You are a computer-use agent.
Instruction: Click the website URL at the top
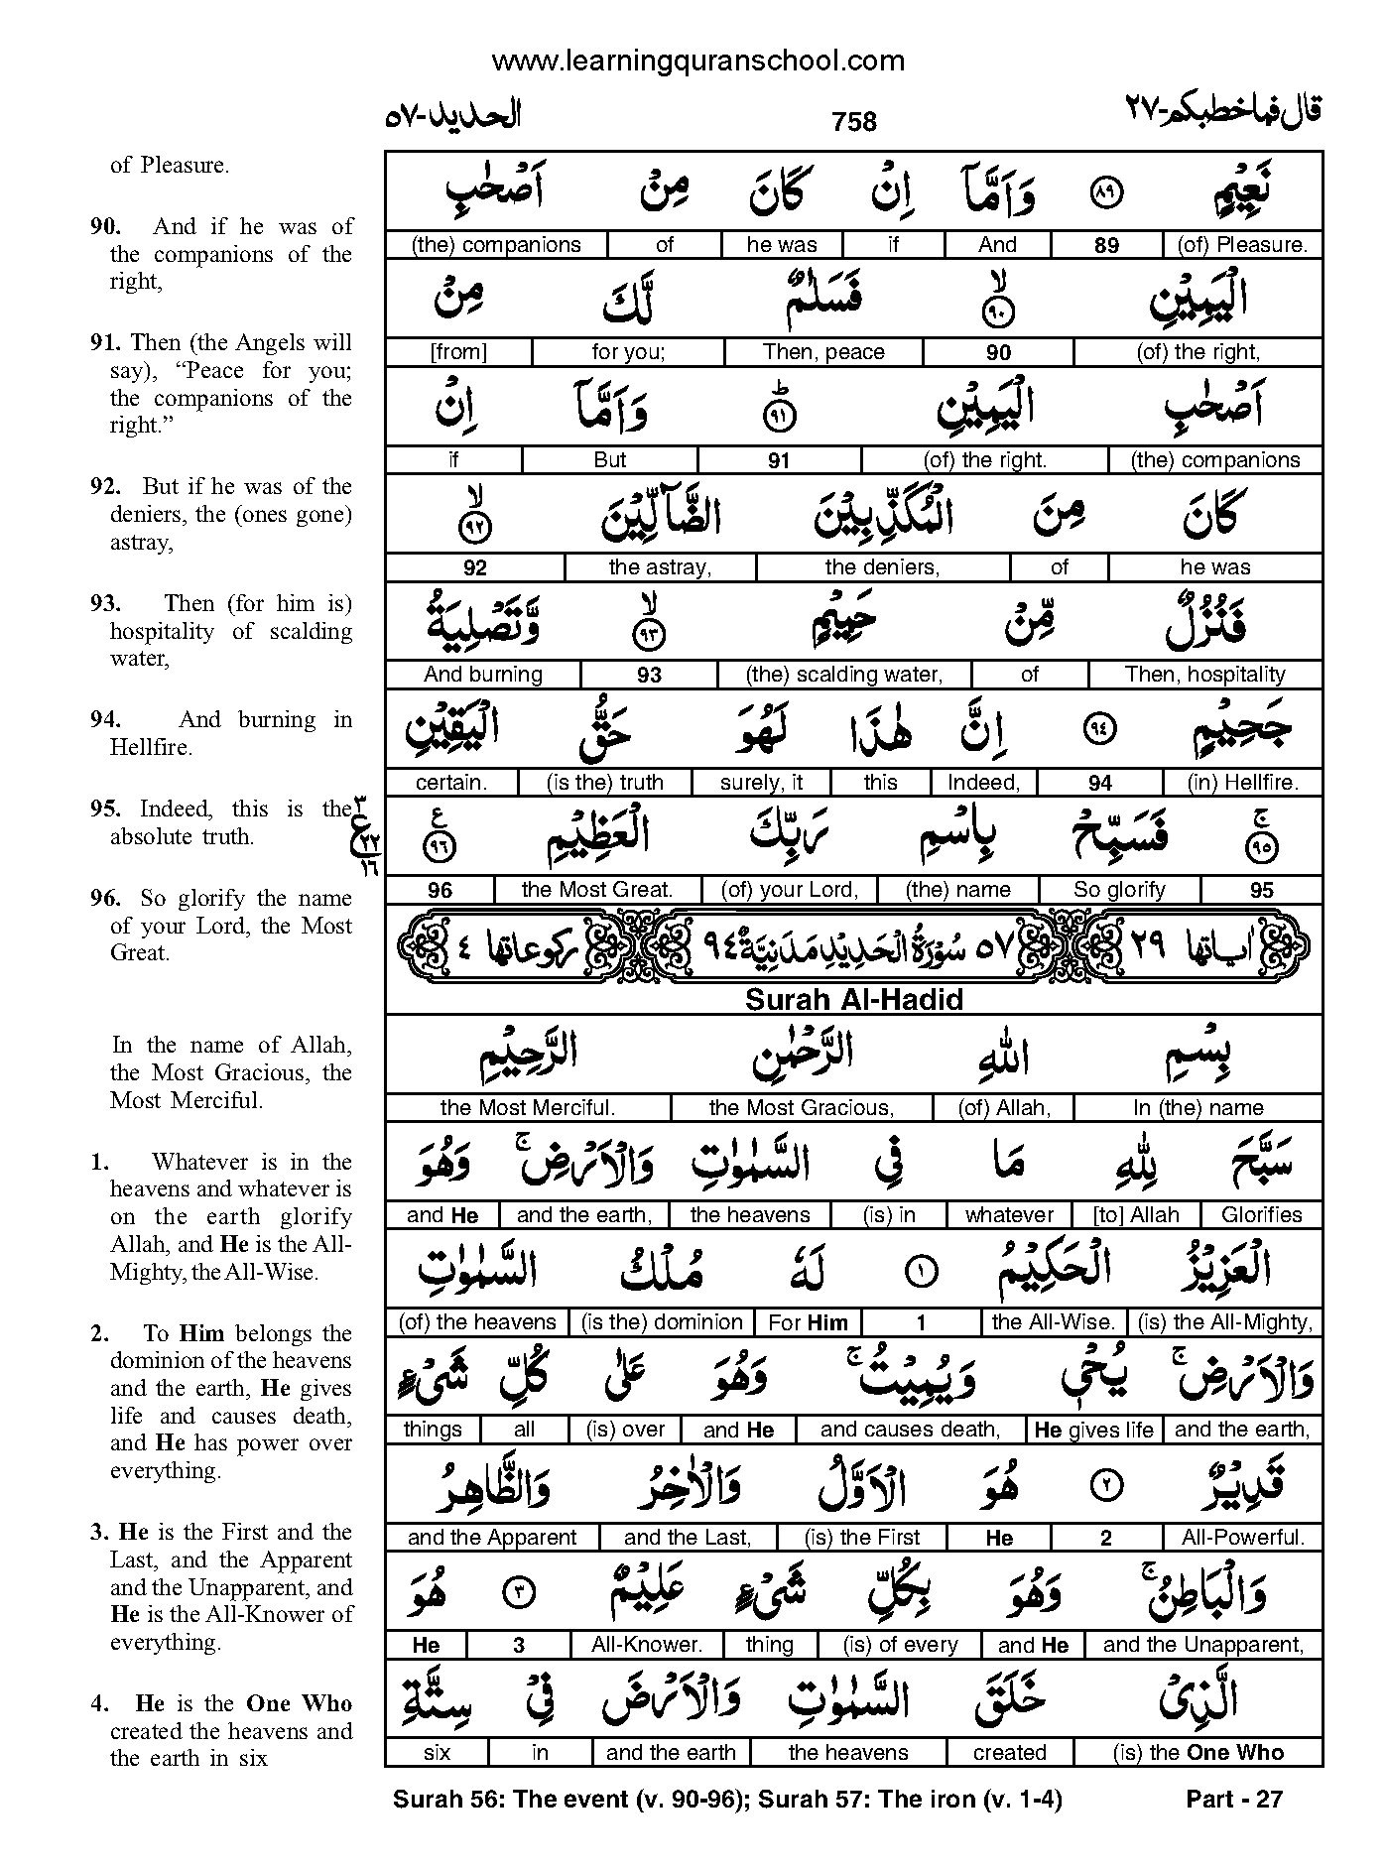point(697,62)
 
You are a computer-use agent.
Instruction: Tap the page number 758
point(854,121)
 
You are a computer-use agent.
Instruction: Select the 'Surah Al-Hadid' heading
point(853,999)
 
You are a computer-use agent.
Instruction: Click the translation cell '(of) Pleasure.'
point(1242,245)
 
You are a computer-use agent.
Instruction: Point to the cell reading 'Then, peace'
point(823,352)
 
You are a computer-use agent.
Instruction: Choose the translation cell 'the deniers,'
point(882,567)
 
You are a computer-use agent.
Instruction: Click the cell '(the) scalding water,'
point(843,675)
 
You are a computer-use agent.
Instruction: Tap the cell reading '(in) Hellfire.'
point(1242,783)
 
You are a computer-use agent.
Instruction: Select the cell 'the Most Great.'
point(597,890)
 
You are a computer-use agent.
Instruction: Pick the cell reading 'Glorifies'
point(1262,1215)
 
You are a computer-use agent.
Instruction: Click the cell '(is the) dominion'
point(662,1322)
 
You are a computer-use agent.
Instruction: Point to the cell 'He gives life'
point(1093,1430)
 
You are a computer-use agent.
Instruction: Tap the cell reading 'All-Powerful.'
point(1242,1538)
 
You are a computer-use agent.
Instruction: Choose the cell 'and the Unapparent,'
point(1203,1645)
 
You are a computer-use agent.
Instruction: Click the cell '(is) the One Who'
point(1198,1753)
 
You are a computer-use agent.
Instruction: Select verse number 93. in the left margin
point(105,604)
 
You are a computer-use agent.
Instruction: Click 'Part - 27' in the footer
point(1234,1799)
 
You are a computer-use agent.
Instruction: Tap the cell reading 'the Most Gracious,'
point(802,1108)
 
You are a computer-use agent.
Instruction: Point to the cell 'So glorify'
point(1119,890)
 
